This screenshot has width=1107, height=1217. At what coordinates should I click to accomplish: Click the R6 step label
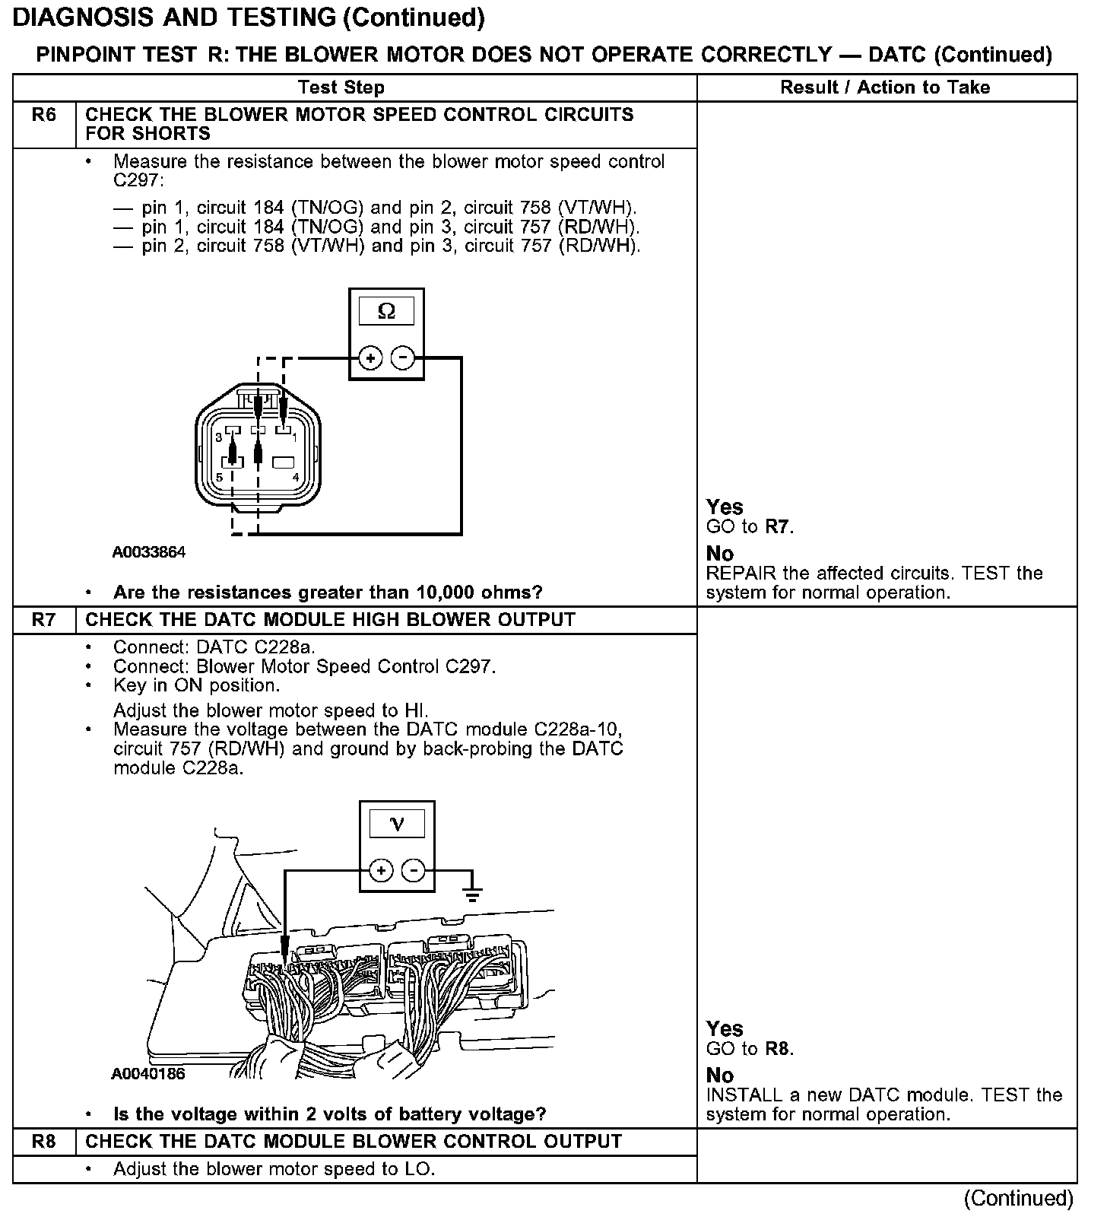tap(44, 116)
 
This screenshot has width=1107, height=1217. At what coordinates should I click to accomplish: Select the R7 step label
tap(44, 620)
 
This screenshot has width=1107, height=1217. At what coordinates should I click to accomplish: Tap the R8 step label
tap(44, 1142)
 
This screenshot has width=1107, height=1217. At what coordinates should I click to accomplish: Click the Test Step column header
tap(341, 87)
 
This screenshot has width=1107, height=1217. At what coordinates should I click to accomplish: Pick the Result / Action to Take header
tap(885, 87)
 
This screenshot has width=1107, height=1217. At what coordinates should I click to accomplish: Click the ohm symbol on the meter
tap(386, 312)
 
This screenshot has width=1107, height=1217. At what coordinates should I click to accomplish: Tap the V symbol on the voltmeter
tap(397, 824)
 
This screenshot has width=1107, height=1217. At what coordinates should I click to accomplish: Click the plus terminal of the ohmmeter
tap(370, 357)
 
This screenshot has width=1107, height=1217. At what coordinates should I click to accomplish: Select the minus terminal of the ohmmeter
tap(403, 357)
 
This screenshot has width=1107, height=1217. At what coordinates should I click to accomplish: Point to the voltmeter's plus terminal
tap(381, 870)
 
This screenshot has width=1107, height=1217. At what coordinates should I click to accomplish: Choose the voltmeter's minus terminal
tap(414, 870)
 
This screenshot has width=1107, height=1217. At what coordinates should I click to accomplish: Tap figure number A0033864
tap(149, 552)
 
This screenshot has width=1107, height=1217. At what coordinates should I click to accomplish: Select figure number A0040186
tap(148, 1074)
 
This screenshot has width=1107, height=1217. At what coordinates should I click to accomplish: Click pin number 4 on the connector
tap(296, 478)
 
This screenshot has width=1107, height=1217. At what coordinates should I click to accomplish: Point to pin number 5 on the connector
tap(219, 478)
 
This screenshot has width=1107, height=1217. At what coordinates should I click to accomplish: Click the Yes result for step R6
tap(725, 507)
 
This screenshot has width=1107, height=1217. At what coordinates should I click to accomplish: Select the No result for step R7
tap(720, 1076)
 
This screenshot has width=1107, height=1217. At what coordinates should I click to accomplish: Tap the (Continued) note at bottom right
tap(1018, 1199)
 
